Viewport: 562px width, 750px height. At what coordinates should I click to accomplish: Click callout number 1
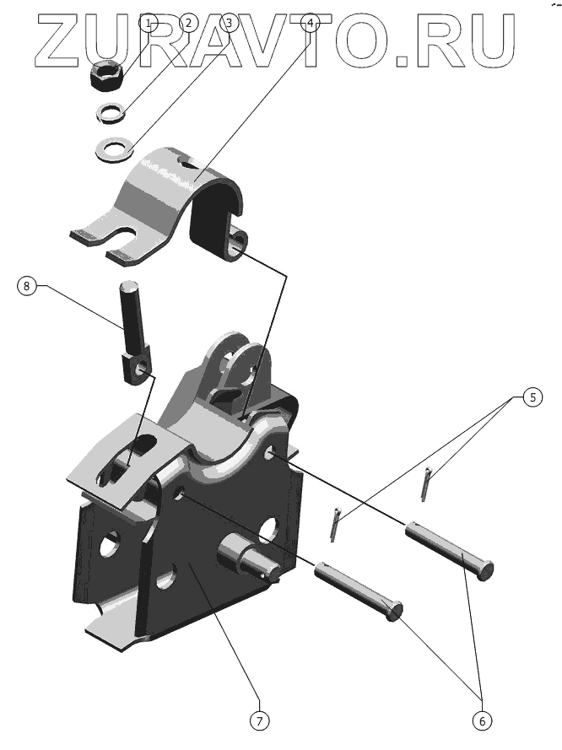coord(149,23)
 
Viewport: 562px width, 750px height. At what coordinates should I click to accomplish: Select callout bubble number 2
coord(188,23)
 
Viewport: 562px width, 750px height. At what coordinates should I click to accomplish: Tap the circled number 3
coord(229,23)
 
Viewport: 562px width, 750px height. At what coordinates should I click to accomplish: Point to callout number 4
coord(311,23)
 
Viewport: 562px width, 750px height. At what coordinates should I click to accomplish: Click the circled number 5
coord(532,397)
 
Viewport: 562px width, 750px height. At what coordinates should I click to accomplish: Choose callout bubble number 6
coord(482,720)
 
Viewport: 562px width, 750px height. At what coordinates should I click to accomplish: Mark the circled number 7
coord(260,720)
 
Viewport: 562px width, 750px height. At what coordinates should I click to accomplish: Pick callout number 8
coord(26,286)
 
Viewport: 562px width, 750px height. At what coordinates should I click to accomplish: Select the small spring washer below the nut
coord(111,113)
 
